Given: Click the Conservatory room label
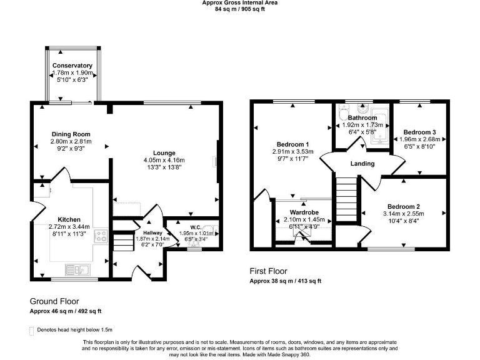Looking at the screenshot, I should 72,66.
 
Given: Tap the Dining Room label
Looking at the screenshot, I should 71,134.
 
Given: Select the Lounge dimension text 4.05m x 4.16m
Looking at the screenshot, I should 165,161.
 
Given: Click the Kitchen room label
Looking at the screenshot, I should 69,219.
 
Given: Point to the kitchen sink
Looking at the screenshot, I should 81,270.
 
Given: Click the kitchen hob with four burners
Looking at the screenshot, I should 101,236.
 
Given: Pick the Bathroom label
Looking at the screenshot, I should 362,117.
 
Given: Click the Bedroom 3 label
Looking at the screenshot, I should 419,132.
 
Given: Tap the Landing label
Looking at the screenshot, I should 362,164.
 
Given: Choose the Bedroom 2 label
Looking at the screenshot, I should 403,206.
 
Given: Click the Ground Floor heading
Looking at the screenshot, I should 54,301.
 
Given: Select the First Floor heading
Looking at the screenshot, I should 268,271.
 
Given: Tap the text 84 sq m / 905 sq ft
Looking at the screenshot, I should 240,9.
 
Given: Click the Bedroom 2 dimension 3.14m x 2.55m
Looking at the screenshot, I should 403,213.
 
